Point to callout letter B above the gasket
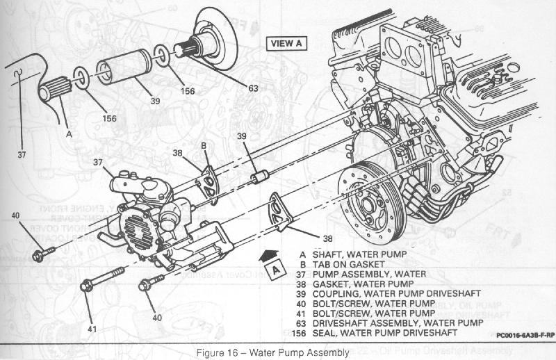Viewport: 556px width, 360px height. (x=204, y=145)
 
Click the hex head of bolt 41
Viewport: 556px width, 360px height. (x=86, y=285)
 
